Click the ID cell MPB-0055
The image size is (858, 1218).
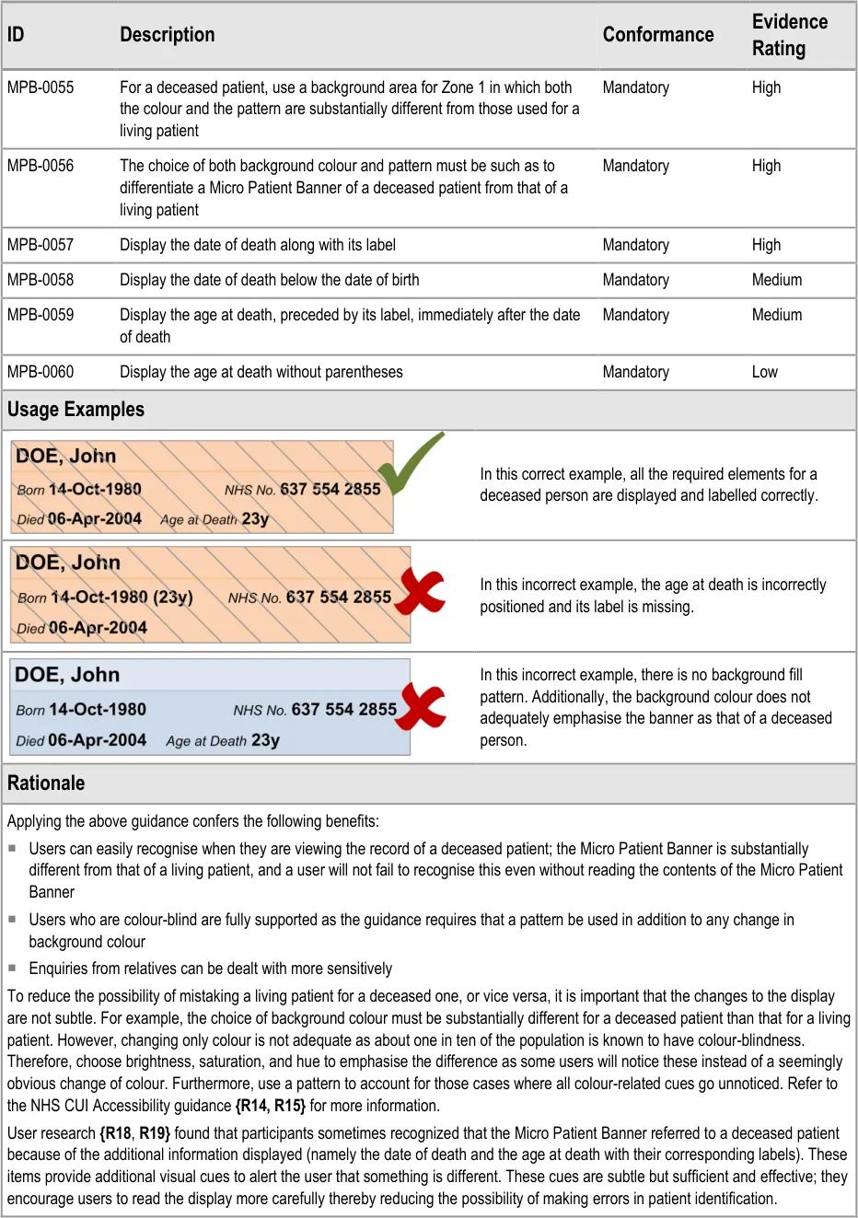click(41, 87)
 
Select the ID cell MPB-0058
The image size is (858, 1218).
click(41, 280)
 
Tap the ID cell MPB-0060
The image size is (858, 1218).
click(41, 372)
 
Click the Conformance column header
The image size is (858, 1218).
click(658, 35)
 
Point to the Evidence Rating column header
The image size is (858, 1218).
click(789, 35)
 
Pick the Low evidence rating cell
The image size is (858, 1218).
click(765, 372)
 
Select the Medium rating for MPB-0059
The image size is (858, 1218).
click(777, 315)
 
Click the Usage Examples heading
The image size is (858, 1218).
click(75, 410)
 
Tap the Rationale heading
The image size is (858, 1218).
click(46, 783)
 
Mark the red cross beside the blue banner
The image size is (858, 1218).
click(422, 706)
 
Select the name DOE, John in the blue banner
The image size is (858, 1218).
click(67, 675)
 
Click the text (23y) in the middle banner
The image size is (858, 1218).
click(173, 597)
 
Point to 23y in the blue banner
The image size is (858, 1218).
click(265, 740)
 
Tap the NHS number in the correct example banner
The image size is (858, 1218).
click(330, 489)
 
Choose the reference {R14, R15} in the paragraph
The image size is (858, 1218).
click(270, 1106)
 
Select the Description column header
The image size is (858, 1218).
click(167, 35)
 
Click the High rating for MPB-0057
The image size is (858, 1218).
click(766, 245)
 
